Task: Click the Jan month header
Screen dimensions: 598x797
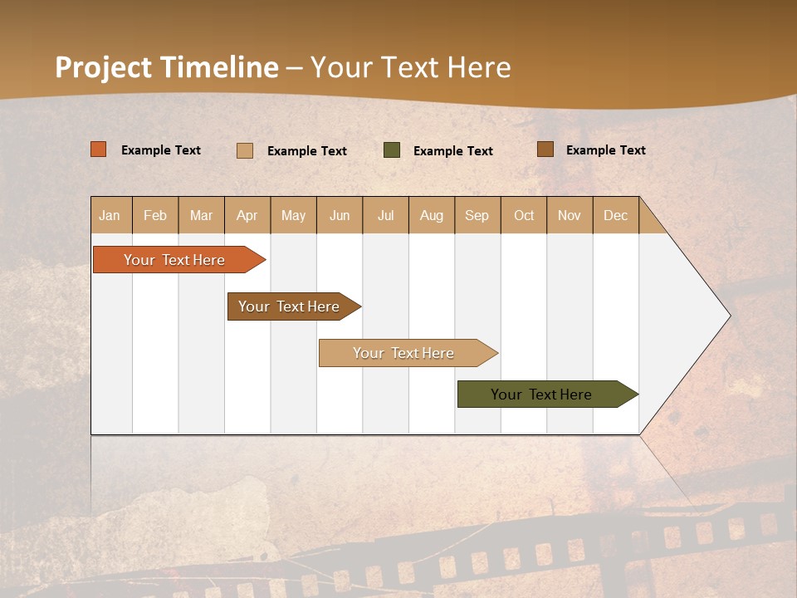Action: (110, 215)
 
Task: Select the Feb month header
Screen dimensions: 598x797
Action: (155, 215)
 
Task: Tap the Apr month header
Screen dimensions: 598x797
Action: (247, 215)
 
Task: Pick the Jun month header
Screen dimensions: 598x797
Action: (340, 215)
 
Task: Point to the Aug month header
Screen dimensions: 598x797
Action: (432, 215)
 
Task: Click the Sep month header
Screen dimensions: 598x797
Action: (477, 215)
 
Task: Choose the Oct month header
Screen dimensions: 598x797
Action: (524, 215)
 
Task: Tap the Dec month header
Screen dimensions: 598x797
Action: (615, 215)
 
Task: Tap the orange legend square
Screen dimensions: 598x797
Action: (99, 149)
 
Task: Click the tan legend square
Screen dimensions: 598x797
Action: (245, 150)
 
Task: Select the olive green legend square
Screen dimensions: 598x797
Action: (392, 150)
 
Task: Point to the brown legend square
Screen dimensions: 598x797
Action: (545, 149)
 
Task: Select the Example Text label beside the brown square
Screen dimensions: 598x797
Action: (605, 149)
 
